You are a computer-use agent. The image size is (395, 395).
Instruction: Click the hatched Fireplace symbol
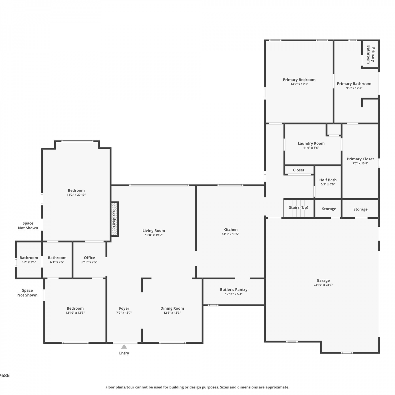pos(115,219)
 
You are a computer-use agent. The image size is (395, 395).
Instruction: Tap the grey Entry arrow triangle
pos(124,346)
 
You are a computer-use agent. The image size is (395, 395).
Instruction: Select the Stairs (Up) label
pos(298,208)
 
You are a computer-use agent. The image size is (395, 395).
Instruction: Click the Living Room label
pos(154,231)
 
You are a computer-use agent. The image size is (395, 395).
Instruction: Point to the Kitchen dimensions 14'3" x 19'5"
pos(230,234)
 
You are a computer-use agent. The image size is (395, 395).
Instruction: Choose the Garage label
pos(323,280)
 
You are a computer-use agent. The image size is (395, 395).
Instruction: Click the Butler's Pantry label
pos(234,290)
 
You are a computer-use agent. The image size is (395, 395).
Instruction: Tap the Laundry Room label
pos(311,144)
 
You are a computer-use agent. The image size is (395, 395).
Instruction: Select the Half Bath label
pos(328,180)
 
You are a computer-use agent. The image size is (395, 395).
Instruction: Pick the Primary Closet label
pos(360,159)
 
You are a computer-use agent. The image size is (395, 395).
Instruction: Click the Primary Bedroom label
pos(299,80)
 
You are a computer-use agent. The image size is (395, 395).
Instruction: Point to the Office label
pos(89,258)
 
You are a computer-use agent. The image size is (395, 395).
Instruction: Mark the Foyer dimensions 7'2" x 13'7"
pos(124,313)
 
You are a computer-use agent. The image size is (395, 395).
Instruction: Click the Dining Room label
pos(172,308)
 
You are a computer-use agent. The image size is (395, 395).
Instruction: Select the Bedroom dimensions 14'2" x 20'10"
pos(76,195)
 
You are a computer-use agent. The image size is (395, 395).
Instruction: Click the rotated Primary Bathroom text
pos(371,55)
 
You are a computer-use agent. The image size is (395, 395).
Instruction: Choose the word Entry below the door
pos(124,353)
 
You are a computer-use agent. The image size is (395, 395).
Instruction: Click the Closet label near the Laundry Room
pos(299,170)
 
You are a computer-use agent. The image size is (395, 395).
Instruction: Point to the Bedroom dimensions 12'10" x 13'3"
pos(75,313)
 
